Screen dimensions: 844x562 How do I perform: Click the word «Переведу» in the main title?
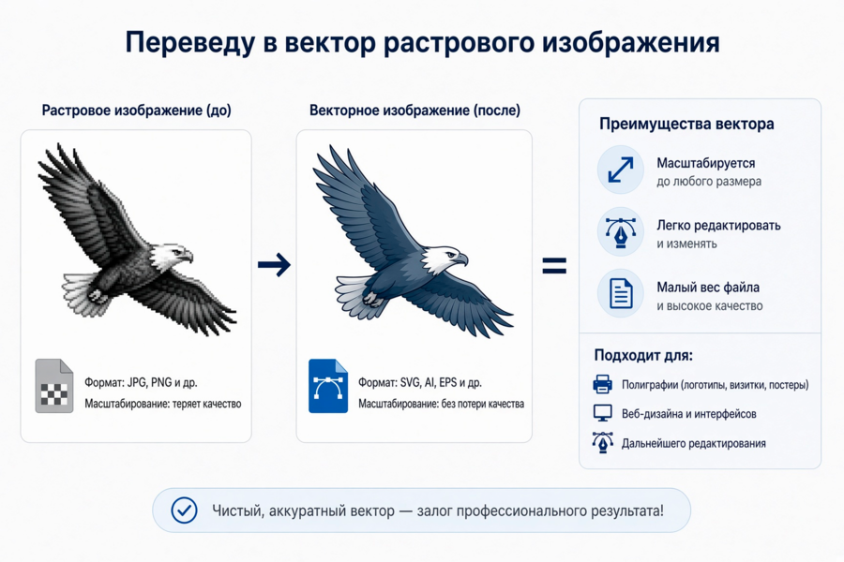189,43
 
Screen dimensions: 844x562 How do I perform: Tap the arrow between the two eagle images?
274,264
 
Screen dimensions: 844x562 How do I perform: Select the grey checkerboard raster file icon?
54,386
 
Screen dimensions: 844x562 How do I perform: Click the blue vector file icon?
328,386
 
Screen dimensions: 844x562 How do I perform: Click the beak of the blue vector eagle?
461,259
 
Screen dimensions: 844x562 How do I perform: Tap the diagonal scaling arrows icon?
621,170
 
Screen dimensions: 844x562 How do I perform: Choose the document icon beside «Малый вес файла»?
621,293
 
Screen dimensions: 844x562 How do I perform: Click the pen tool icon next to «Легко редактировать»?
621,231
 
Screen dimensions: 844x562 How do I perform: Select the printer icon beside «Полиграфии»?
602,384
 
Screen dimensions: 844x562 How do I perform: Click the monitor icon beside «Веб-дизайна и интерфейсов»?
602,413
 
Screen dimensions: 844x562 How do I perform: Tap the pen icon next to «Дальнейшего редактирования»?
602,442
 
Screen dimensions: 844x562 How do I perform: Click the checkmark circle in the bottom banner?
184,510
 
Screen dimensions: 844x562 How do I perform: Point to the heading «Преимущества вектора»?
686,124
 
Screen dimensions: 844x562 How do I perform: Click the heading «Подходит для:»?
643,355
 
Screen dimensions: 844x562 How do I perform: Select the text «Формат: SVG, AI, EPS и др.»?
420,382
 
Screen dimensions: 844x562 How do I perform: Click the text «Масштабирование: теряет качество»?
162,404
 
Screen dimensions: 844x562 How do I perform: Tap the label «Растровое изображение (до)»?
137,111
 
